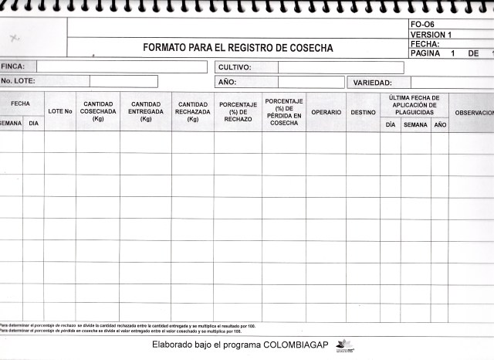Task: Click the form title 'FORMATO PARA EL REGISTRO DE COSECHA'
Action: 238,48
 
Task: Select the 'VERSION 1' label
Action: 431,35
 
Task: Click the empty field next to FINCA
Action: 121,66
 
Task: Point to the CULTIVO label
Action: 235,67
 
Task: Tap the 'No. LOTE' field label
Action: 19,81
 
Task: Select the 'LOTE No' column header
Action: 59,112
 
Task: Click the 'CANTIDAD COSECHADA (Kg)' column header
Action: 98,111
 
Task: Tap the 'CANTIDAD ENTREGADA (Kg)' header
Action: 146,111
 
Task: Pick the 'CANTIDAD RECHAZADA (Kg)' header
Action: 193,111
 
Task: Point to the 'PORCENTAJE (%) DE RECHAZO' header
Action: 238,112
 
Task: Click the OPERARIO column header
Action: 326,113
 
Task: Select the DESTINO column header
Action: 363,113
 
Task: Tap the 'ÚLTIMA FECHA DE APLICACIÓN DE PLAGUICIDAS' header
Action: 414,105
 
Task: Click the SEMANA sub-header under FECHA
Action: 11,124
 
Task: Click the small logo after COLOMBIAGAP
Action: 344,345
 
